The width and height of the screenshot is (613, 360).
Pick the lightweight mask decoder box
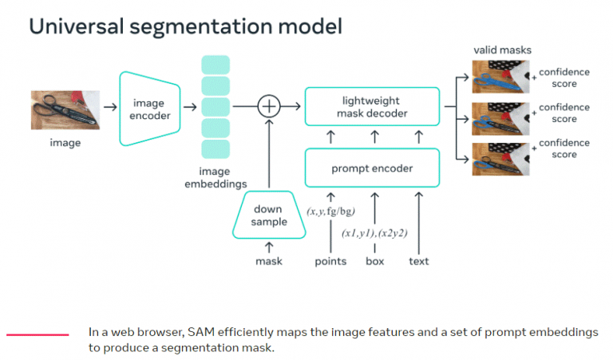click(371, 107)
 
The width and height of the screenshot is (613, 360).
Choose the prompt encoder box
click(371, 168)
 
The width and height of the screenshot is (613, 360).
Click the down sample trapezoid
click(269, 216)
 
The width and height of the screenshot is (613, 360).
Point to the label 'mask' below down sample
click(269, 261)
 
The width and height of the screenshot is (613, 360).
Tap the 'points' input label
click(330, 261)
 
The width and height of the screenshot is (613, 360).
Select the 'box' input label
click(374, 261)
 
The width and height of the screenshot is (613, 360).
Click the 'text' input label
click(418, 261)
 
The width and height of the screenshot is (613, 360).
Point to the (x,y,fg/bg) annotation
click(330, 212)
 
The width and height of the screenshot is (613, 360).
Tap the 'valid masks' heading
click(501, 51)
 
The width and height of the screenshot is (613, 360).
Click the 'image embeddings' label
click(216, 177)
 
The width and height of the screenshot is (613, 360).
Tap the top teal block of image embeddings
click(216, 65)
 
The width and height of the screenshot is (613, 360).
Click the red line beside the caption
click(37, 334)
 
